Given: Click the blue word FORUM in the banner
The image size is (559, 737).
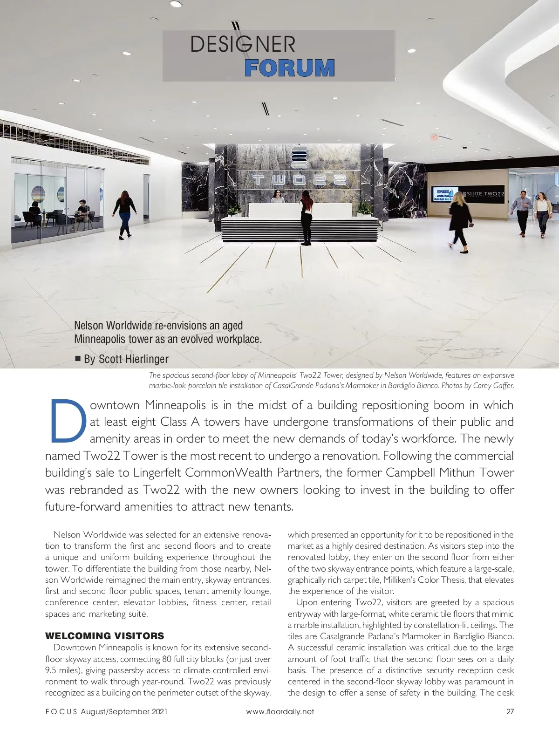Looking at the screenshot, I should [x=289, y=68].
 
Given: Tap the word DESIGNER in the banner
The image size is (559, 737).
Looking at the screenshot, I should [x=243, y=45].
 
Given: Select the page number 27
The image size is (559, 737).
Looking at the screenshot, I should [x=510, y=711].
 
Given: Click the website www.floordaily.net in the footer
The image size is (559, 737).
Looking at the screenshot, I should [x=279, y=711].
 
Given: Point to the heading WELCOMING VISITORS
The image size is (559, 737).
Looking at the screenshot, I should [x=104, y=636].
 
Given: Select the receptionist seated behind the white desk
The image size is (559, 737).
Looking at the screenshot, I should [x=278, y=197].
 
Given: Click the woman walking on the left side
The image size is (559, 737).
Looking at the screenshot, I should [x=124, y=214].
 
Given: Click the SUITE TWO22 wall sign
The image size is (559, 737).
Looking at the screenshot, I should [x=485, y=193].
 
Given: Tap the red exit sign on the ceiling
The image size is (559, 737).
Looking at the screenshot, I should [x=434, y=137].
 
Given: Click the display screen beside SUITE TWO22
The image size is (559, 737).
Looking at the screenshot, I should [x=446, y=194].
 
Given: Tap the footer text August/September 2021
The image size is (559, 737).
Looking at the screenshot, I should [x=123, y=711].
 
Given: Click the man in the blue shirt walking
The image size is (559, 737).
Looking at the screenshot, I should [x=522, y=212].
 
